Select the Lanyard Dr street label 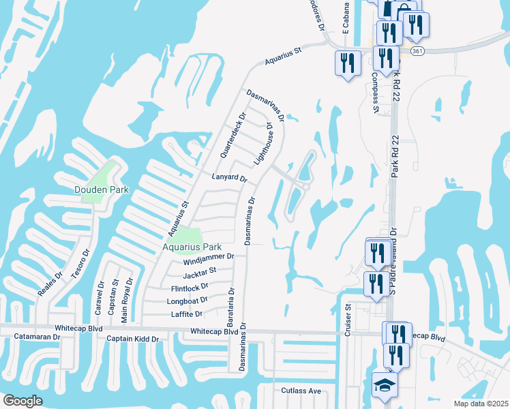[229, 177]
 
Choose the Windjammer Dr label [209, 258]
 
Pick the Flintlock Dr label [190, 288]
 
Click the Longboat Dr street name [187, 301]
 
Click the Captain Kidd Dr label [132, 339]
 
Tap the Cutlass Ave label [301, 391]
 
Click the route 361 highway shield [418, 51]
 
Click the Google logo [22, 401]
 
